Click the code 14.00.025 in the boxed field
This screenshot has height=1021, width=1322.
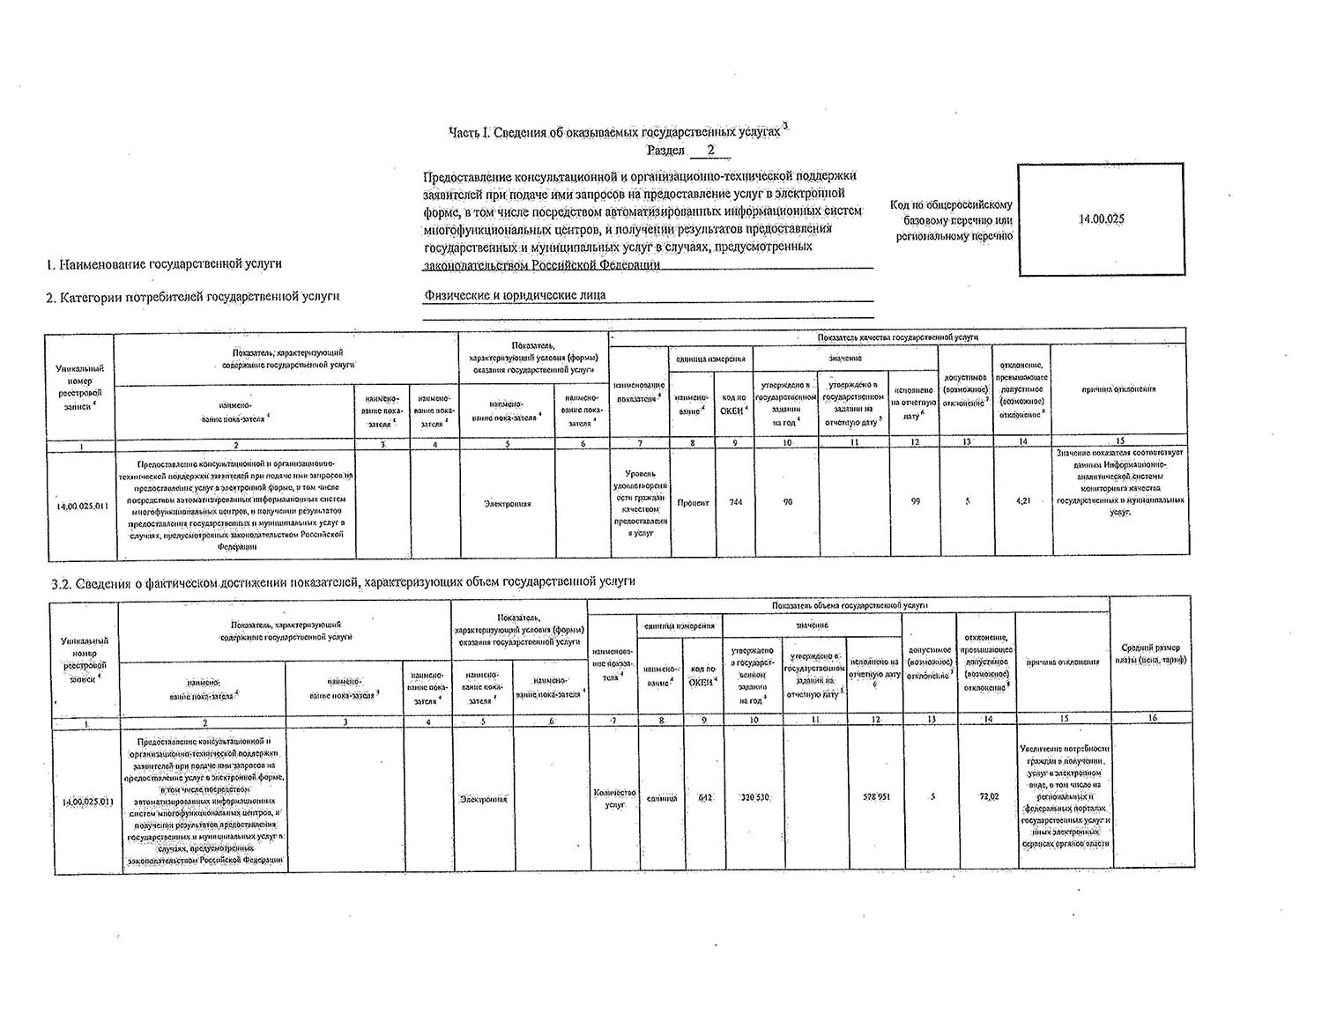[x=1101, y=219]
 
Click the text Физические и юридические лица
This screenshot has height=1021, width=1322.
[x=515, y=295]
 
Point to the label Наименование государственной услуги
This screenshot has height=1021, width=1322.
[x=165, y=263]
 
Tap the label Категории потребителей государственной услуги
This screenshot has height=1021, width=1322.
[x=193, y=297]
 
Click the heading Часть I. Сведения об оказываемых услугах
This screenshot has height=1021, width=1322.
[x=617, y=132]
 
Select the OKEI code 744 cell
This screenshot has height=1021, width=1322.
[x=735, y=502]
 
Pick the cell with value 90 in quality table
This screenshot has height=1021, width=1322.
[x=787, y=502]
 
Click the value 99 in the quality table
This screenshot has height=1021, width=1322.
[x=916, y=501]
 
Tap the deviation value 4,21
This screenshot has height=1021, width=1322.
[x=1023, y=501]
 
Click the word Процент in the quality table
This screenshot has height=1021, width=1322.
[x=693, y=502]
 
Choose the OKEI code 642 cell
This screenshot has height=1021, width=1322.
[x=705, y=798]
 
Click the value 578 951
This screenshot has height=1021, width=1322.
[x=876, y=797]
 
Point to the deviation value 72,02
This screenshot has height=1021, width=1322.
[x=988, y=797]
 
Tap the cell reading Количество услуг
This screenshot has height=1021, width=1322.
[x=615, y=798]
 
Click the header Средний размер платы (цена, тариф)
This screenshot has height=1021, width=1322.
[x=1151, y=654]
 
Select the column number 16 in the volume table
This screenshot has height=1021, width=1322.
[x=1151, y=719]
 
